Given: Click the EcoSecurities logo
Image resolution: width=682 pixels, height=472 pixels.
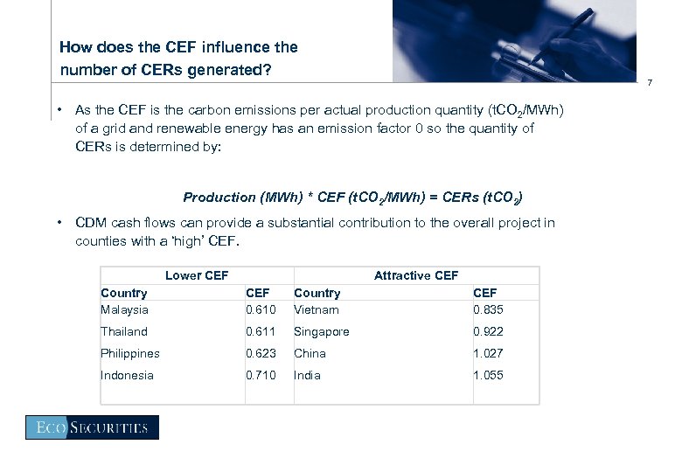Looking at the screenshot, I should (92, 427).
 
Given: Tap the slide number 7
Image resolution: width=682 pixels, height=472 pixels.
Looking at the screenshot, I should (649, 84).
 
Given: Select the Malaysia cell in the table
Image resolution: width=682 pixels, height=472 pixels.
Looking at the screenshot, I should (124, 309).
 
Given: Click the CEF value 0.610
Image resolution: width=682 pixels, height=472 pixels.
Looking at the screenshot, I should (261, 309).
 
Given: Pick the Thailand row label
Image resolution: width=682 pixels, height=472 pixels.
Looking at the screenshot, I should (124, 331).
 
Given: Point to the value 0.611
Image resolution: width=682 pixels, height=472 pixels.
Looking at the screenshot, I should (261, 331).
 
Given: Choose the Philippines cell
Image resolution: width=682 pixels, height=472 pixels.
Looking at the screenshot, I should (130, 353).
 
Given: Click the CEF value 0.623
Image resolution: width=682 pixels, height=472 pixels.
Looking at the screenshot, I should (261, 353).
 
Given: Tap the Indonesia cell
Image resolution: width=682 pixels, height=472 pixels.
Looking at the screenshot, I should (127, 375).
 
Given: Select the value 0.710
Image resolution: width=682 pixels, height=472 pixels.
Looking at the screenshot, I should (261, 375).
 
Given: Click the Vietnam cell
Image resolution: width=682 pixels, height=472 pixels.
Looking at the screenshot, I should (317, 309).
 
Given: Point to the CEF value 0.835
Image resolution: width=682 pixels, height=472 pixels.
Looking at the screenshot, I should (488, 309).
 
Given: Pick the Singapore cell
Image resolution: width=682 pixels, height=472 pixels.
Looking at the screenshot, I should (321, 331).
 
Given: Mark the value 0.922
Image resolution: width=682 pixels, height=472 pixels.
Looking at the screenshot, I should (488, 331).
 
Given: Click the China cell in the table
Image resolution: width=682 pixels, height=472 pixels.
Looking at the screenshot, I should (310, 353).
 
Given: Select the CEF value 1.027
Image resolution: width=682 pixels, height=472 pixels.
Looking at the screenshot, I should (488, 353).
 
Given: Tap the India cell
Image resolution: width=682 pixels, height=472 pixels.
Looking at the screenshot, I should (307, 375).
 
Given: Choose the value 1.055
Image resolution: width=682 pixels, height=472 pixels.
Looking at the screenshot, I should (488, 375).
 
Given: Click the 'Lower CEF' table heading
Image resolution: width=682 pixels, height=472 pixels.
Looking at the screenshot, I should (197, 275).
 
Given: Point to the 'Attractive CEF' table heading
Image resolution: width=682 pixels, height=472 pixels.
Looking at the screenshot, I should (415, 275).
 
